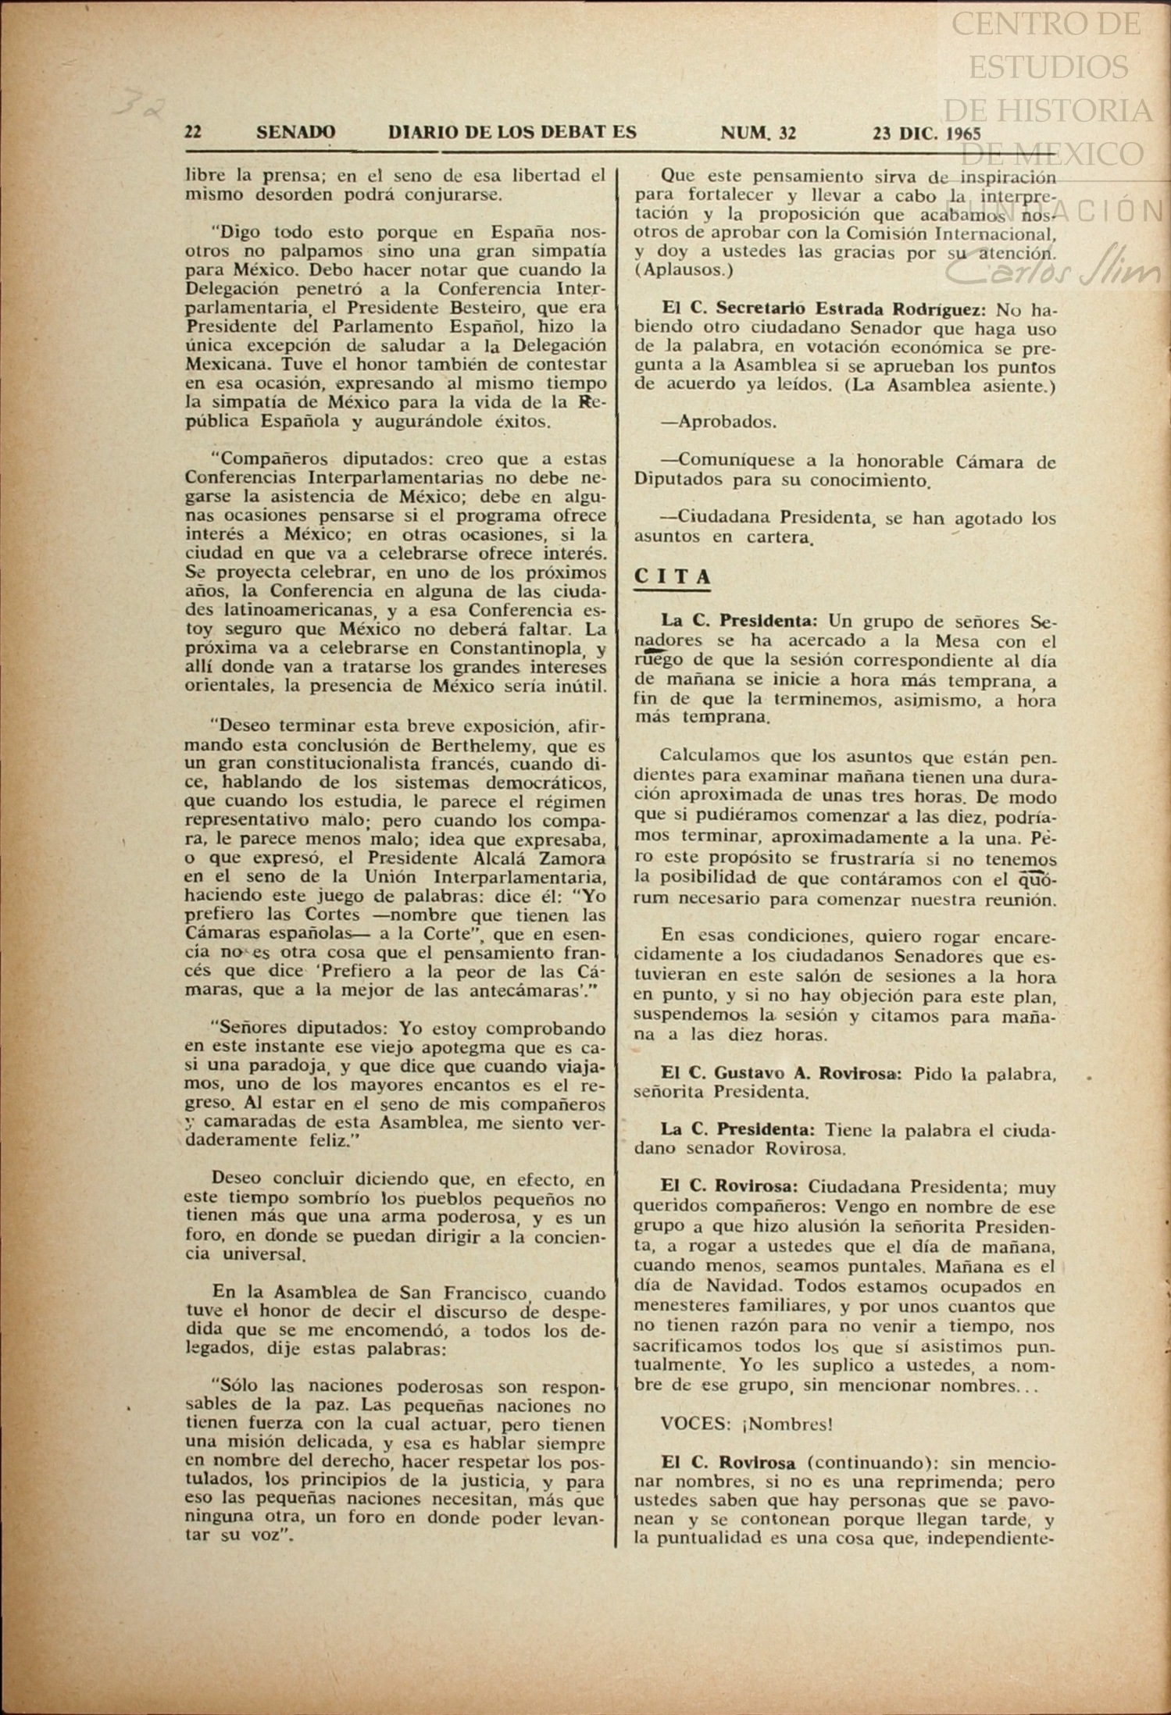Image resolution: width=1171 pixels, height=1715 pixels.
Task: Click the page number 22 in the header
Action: (192, 131)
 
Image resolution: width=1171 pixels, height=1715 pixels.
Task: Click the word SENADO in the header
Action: (296, 132)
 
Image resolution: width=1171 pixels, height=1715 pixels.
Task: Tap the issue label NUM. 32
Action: (758, 133)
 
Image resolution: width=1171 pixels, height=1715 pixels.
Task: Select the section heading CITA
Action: (673, 576)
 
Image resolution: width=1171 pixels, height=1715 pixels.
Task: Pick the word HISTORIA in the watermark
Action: (1085, 110)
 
